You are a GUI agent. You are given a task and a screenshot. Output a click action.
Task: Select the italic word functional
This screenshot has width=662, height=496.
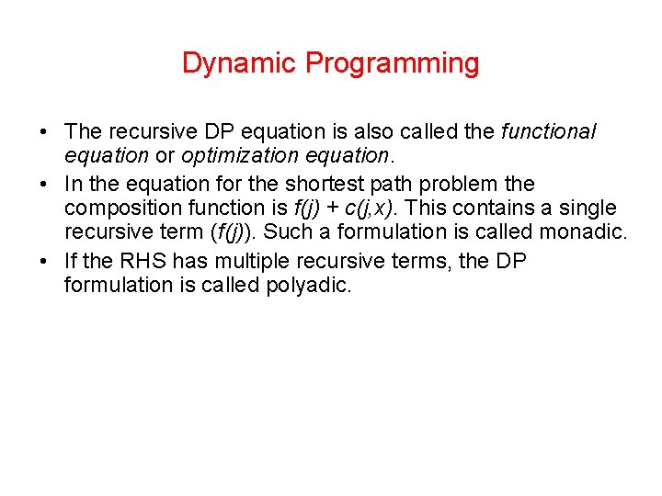point(548,132)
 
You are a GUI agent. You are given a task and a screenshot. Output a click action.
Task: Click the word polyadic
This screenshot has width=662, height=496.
point(304,287)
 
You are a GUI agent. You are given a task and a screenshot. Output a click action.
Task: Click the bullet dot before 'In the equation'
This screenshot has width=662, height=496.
point(45,185)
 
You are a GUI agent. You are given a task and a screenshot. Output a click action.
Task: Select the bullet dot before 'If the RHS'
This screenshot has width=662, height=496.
point(45,262)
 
